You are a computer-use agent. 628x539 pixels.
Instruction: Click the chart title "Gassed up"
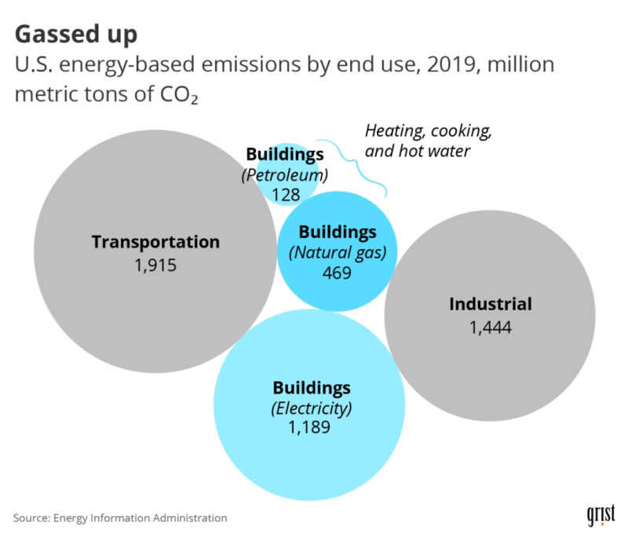click(76, 34)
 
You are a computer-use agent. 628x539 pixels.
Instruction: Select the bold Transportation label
click(155, 242)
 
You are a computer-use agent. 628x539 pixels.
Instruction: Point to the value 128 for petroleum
click(285, 193)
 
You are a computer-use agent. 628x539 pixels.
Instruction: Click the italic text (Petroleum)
click(284, 174)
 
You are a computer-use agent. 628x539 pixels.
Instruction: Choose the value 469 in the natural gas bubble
click(338, 273)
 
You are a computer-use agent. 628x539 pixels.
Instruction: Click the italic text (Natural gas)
click(338, 253)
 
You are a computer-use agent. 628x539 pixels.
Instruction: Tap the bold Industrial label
click(491, 304)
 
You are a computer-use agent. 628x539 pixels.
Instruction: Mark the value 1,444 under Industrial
click(491, 327)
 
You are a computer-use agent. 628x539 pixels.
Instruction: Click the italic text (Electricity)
click(312, 409)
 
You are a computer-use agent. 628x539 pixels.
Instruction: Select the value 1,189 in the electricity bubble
click(312, 428)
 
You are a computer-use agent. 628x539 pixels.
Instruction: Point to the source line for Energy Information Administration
click(120, 518)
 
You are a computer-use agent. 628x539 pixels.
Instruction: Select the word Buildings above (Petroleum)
click(284, 154)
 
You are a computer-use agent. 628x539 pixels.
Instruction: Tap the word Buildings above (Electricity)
click(312, 388)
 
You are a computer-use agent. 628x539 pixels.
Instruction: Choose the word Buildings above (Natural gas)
click(338, 233)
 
